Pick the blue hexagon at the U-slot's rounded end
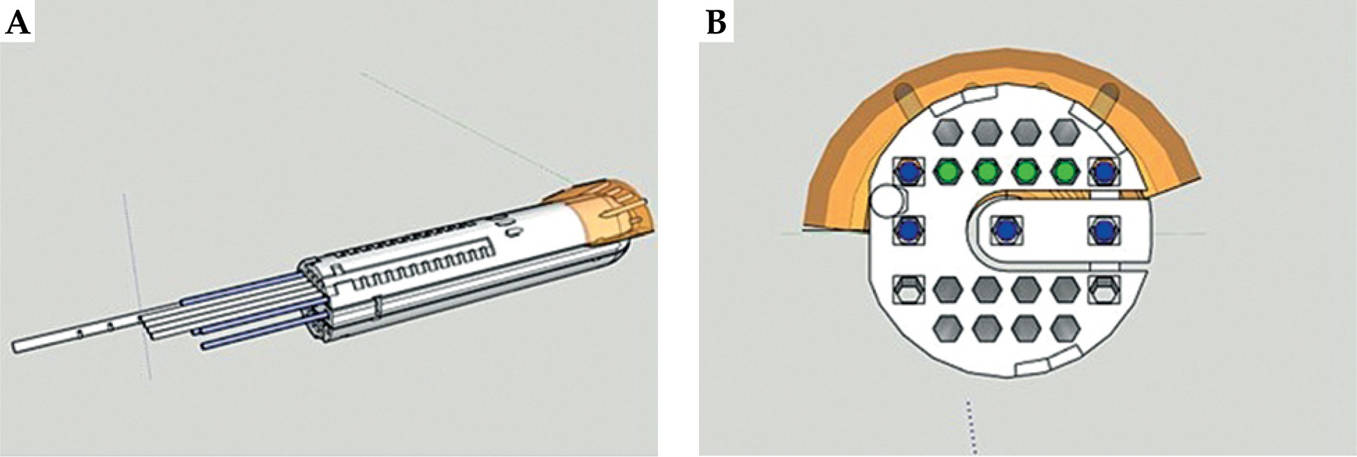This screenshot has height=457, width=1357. coord(1005,230)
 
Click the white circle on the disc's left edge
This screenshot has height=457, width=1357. coord(886,202)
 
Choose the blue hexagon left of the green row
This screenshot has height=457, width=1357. coord(907,171)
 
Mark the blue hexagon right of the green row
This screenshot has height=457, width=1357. coord(1104,171)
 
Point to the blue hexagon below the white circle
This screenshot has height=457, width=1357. coord(907,230)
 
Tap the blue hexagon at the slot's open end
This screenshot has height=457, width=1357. coord(1104,230)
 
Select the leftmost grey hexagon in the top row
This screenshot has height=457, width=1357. coord(946,130)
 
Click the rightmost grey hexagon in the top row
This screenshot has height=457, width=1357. coord(1064,130)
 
